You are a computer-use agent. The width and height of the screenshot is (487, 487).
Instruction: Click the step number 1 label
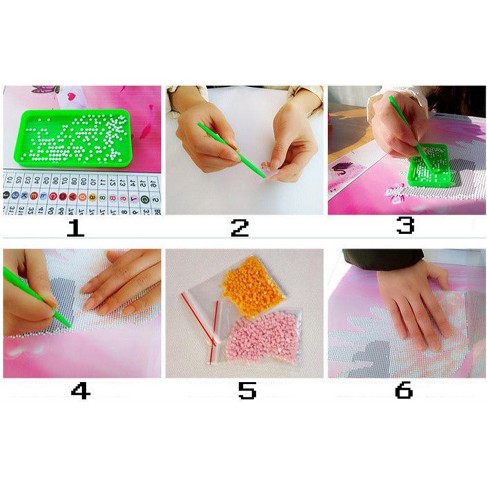tap(75, 228)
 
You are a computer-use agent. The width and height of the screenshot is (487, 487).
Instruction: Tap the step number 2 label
tap(239, 228)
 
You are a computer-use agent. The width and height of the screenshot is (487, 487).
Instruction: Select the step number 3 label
tap(405, 225)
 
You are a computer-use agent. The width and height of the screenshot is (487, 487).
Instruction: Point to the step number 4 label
tap(80, 391)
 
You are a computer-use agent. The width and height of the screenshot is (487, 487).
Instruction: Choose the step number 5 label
tap(247, 391)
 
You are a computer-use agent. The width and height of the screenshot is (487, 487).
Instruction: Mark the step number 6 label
tap(404, 390)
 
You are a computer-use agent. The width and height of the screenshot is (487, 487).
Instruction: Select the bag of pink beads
tap(263, 336)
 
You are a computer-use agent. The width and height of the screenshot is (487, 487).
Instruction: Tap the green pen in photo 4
tap(36, 297)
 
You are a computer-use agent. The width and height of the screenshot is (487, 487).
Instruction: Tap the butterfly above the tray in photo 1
tap(46, 90)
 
